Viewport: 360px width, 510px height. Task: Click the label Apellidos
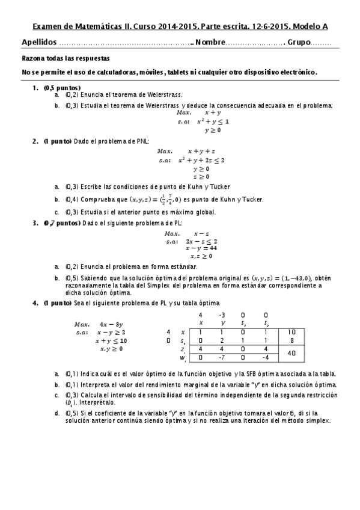[40, 43]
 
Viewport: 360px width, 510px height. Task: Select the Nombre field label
[210, 43]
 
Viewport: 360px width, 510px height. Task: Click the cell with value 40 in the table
[291, 353]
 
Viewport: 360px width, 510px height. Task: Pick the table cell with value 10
[291, 332]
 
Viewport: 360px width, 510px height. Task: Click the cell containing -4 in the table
[265, 358]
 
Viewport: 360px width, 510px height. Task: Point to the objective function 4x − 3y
[111, 323]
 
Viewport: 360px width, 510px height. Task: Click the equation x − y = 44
[201, 248]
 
